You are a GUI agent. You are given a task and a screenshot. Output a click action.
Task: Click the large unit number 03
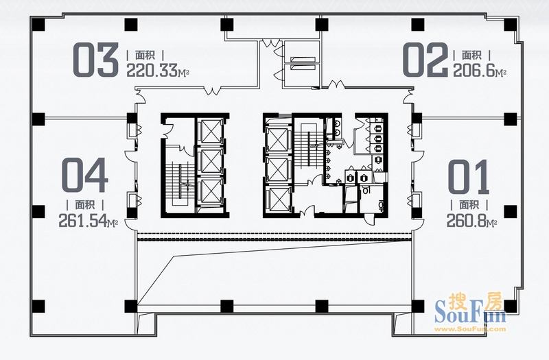[x=95, y=60]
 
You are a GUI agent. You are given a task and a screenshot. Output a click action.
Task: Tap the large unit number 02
[x=425, y=60]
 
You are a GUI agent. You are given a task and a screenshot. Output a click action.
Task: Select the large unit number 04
[x=84, y=175]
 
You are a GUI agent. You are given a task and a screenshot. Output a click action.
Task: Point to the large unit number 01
[x=469, y=177]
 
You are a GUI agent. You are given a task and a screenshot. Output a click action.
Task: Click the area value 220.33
[x=152, y=71]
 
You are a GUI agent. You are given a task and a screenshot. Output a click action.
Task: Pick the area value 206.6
[x=474, y=71]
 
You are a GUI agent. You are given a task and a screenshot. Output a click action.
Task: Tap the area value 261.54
[x=82, y=221]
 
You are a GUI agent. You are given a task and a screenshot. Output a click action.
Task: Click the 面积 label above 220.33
[x=145, y=55]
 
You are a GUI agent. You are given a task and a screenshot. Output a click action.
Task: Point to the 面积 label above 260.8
[x=469, y=204]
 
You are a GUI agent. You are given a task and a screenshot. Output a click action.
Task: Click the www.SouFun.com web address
[x=470, y=329]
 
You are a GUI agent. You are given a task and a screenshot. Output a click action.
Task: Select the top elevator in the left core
[x=210, y=131]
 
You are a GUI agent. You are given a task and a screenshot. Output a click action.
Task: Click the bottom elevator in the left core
[x=210, y=191]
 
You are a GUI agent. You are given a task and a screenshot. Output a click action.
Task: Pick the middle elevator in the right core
[x=279, y=170]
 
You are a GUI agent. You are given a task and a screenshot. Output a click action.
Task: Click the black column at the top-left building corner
[x=38, y=25]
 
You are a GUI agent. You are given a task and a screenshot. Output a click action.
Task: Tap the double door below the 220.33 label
[x=212, y=91]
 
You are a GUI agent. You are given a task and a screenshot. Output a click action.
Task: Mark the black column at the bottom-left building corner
[x=38, y=306]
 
